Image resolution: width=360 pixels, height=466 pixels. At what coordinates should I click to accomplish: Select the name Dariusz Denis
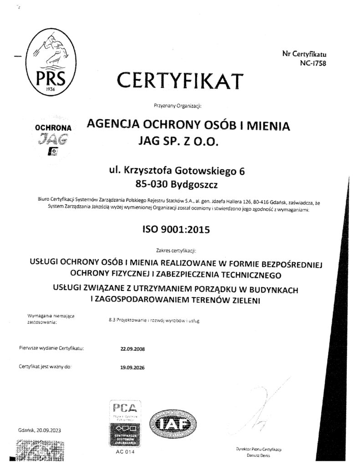point(256,455)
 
